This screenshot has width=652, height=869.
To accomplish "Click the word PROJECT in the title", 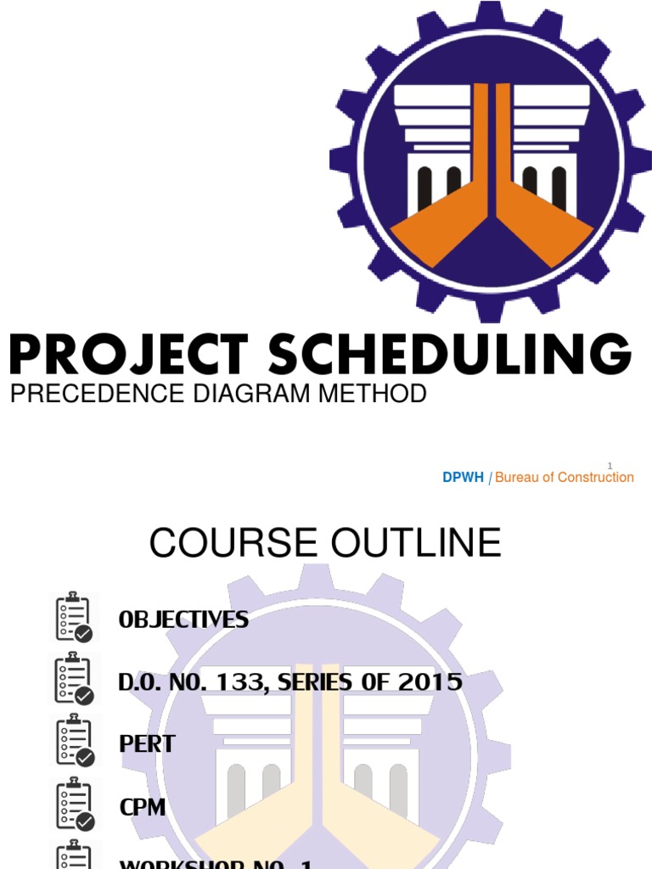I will tap(129, 355).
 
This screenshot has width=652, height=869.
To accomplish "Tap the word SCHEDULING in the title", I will tap(450, 355).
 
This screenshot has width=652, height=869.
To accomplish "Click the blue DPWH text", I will tap(463, 478).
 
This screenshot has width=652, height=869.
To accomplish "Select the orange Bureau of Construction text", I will tap(565, 478).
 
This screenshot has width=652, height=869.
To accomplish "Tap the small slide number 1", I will tap(610, 465).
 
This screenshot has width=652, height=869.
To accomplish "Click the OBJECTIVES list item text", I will tap(184, 620).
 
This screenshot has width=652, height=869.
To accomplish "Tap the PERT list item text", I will tap(147, 744).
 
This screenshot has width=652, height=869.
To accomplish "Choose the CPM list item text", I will tap(143, 806).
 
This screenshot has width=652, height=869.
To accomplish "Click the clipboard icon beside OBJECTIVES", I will tap(75, 617).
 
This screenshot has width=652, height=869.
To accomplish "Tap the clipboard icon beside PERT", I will tap(75, 742).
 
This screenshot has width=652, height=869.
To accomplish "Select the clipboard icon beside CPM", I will tap(75, 805).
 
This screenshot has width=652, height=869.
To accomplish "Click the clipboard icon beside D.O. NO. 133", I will tap(75, 679).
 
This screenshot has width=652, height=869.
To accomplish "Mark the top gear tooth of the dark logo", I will tap(490, 12).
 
